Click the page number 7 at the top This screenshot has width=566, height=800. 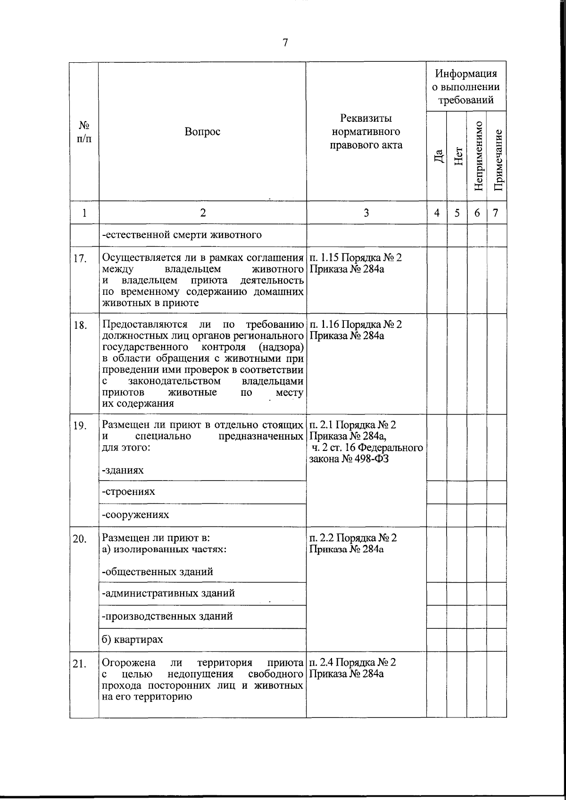coord(285,42)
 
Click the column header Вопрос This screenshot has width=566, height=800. coord(202,132)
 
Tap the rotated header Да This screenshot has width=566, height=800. coord(438,156)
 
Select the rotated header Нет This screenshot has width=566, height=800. coord(458,156)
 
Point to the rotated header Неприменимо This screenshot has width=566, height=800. coord(478,156)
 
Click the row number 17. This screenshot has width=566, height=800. coord(80,258)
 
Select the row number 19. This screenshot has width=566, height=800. coord(80,426)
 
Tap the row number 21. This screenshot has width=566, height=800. coord(80,664)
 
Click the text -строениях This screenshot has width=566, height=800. coord(128,492)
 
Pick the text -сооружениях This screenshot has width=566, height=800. coord(135,515)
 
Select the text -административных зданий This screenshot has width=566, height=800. coord(168,593)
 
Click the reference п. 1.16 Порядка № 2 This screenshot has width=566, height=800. coord(356,325)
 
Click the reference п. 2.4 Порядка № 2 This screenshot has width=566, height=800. coord(353,662)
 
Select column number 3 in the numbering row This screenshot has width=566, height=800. coord(366,213)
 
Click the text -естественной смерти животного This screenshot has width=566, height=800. coord(182,235)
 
